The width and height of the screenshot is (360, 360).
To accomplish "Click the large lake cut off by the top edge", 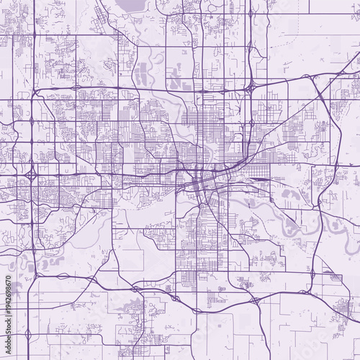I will point(130,6).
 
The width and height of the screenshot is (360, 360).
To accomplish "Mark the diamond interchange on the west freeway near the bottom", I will point(28,334).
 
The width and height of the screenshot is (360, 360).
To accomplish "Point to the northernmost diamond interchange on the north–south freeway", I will point(251,13).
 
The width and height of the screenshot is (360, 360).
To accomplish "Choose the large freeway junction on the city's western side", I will point(31,175).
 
